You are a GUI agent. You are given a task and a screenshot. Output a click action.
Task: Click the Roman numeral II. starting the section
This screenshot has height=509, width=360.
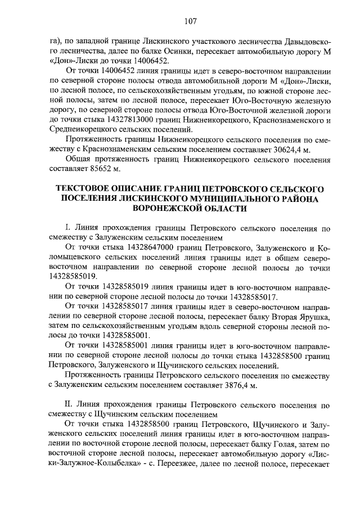pyautogui.click(x=70, y=404)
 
